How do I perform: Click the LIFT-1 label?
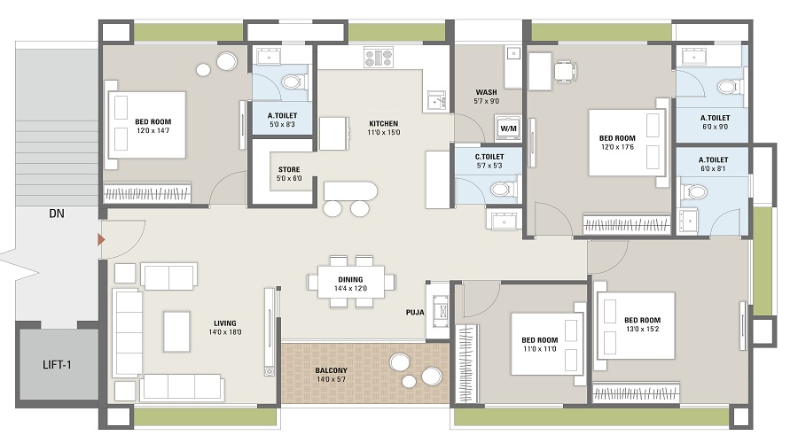point(57,365)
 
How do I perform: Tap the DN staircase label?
point(57,214)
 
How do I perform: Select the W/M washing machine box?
point(508,128)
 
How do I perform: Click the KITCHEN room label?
point(384,123)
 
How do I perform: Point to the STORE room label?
point(289,169)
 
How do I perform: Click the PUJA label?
point(415,312)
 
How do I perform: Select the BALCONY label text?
point(332,370)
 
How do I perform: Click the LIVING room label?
point(225,323)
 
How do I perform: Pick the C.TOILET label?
point(489,157)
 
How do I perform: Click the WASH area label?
point(486,92)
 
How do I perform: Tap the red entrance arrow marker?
point(101,239)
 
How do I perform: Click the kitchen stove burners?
point(379,57)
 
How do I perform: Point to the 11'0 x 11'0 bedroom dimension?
point(540,349)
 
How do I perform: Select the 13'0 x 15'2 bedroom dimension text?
point(642,329)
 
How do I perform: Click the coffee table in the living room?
point(176,331)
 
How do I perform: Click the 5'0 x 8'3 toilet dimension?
point(283,124)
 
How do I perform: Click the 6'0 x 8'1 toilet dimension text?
point(713,168)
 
